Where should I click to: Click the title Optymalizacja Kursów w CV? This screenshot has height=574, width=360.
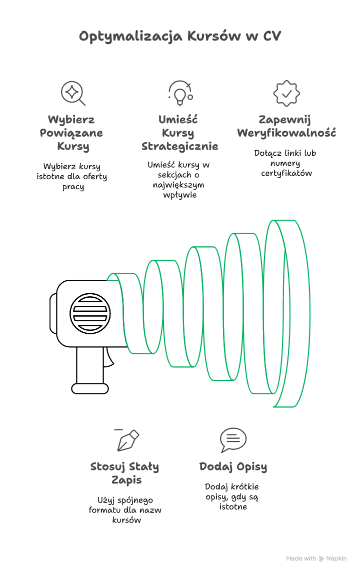pyautogui.click(x=180, y=37)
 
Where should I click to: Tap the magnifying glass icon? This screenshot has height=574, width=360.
pyautogui.click(x=73, y=93)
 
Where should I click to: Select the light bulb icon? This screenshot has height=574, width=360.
pyautogui.click(x=179, y=93)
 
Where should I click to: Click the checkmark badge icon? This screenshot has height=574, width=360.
pyautogui.click(x=286, y=93)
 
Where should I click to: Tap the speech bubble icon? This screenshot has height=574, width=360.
pyautogui.click(x=233, y=440)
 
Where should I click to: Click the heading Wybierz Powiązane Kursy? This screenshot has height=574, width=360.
pyautogui.click(x=71, y=133)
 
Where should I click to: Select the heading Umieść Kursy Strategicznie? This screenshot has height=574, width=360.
pyautogui.click(x=179, y=133)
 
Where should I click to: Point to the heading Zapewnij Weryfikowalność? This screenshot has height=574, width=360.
pyautogui.click(x=286, y=126)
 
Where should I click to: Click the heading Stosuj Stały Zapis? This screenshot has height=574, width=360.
pyautogui.click(x=125, y=473)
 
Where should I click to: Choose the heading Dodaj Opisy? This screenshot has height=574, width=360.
pyautogui.click(x=233, y=466)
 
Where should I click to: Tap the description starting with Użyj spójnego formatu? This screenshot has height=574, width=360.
pyautogui.click(x=125, y=509)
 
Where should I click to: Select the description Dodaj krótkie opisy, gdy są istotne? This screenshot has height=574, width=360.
pyautogui.click(x=233, y=496)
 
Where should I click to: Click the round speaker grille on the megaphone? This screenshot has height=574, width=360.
pyautogui.click(x=90, y=314)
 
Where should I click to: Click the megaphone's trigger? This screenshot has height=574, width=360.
pyautogui.click(x=108, y=356)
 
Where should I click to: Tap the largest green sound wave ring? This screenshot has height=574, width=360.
pyautogui.click(x=290, y=313)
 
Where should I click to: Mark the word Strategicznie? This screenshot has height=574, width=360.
pyautogui.click(x=179, y=146)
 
